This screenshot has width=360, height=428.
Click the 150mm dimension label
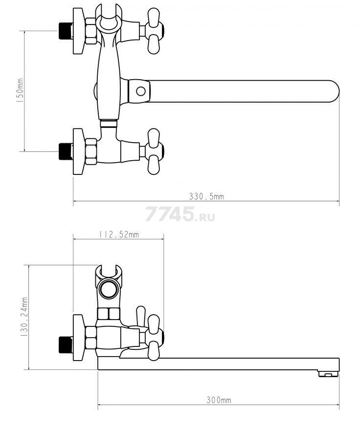(20, 90)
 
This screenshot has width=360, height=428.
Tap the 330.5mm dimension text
(206, 196)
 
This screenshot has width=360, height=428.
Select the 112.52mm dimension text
(119, 234)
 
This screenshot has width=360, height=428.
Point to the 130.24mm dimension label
(24, 317)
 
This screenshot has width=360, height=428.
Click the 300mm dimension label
(219, 400)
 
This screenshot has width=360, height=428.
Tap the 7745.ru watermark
(180, 214)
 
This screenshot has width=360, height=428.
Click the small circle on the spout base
(141, 91)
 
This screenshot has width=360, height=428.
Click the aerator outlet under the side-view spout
(328, 373)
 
